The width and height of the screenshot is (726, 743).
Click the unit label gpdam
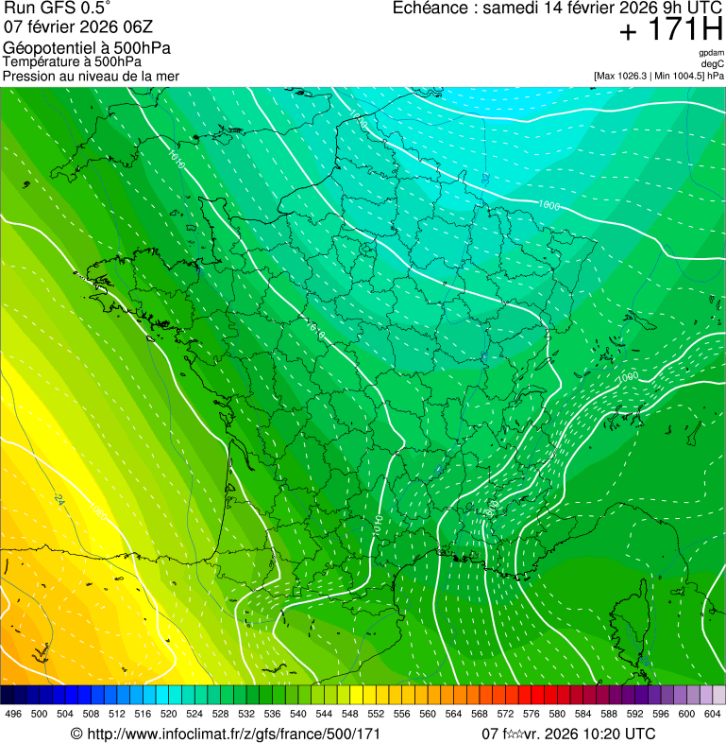click(x=711, y=53)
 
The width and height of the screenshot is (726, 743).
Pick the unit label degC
click(x=713, y=63)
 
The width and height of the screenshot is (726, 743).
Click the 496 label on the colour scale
click(x=13, y=714)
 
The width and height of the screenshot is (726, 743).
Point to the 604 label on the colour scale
click(x=712, y=714)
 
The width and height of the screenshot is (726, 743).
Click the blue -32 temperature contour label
click(x=485, y=178)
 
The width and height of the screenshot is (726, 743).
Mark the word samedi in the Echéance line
click(x=510, y=8)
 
